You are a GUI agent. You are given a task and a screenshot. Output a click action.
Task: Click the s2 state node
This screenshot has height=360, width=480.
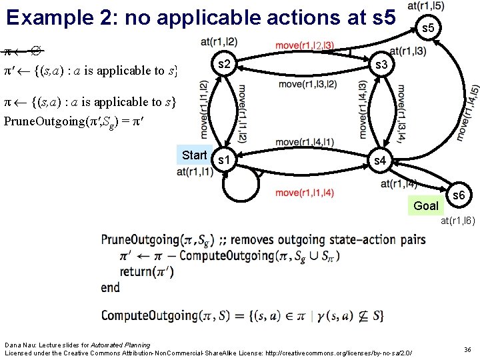tap(225, 64)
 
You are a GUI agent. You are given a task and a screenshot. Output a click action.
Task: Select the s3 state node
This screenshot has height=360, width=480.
tap(382, 65)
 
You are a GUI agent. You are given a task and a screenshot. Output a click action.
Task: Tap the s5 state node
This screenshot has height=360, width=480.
tap(429, 27)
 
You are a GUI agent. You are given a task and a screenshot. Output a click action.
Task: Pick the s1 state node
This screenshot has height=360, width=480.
tap(225, 161)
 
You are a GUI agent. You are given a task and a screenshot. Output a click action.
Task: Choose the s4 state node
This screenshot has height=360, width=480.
tap(379, 161)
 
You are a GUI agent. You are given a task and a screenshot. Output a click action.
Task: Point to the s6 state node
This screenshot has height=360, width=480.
tap(459, 196)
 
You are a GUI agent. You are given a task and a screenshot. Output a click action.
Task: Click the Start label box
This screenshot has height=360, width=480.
tap(195, 155)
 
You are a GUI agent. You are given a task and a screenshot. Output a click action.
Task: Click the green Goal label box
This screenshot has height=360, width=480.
tap(425, 206)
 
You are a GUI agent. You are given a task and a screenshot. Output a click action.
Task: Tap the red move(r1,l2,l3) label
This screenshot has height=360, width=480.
tap(304, 46)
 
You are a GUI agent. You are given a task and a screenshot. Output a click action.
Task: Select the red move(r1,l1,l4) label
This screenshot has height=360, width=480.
tap(305, 193)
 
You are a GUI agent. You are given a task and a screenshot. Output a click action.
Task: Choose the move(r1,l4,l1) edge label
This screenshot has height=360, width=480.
tap(305, 142)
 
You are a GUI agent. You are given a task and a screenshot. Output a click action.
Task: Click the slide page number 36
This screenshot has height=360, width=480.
tap(467, 349)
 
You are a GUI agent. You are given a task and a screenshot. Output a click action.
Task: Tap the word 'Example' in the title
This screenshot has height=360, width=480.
tap(47, 17)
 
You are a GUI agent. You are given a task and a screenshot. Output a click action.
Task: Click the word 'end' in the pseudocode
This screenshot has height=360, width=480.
tap(111, 287)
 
